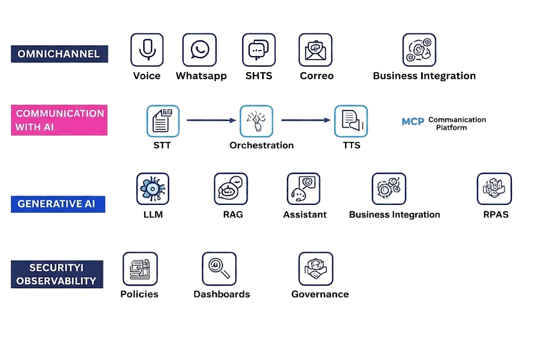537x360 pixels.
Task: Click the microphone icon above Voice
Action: [x=147, y=50]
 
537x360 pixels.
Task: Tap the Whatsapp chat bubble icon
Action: [x=199, y=50]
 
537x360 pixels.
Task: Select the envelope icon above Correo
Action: [x=315, y=50]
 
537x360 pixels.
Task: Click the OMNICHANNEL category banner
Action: [x=59, y=54]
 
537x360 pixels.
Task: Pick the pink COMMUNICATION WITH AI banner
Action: [x=59, y=120]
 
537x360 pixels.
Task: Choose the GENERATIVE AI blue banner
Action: [x=57, y=204]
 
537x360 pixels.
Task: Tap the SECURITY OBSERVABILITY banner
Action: [x=57, y=274]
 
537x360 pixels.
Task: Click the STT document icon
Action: [x=163, y=121]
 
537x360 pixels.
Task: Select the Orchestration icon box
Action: [x=257, y=121]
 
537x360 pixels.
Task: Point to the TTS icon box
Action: [x=351, y=121]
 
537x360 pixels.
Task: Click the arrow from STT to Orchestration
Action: [x=211, y=121]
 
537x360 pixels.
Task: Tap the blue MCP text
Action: [x=413, y=122]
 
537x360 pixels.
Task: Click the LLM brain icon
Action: [x=153, y=189]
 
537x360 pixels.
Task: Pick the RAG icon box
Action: [x=231, y=189]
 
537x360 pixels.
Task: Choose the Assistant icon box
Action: [x=303, y=189]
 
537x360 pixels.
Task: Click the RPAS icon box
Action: [x=493, y=189]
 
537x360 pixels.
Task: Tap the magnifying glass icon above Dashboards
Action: [x=219, y=268]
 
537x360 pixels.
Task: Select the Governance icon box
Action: [x=316, y=268]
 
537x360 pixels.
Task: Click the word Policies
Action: [x=139, y=294]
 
